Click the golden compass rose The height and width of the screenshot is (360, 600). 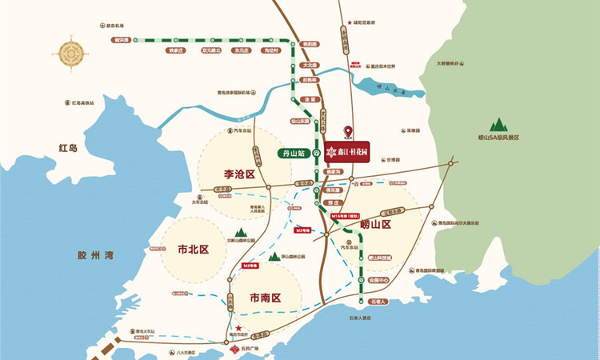70,54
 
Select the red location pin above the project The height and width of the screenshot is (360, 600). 347,132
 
